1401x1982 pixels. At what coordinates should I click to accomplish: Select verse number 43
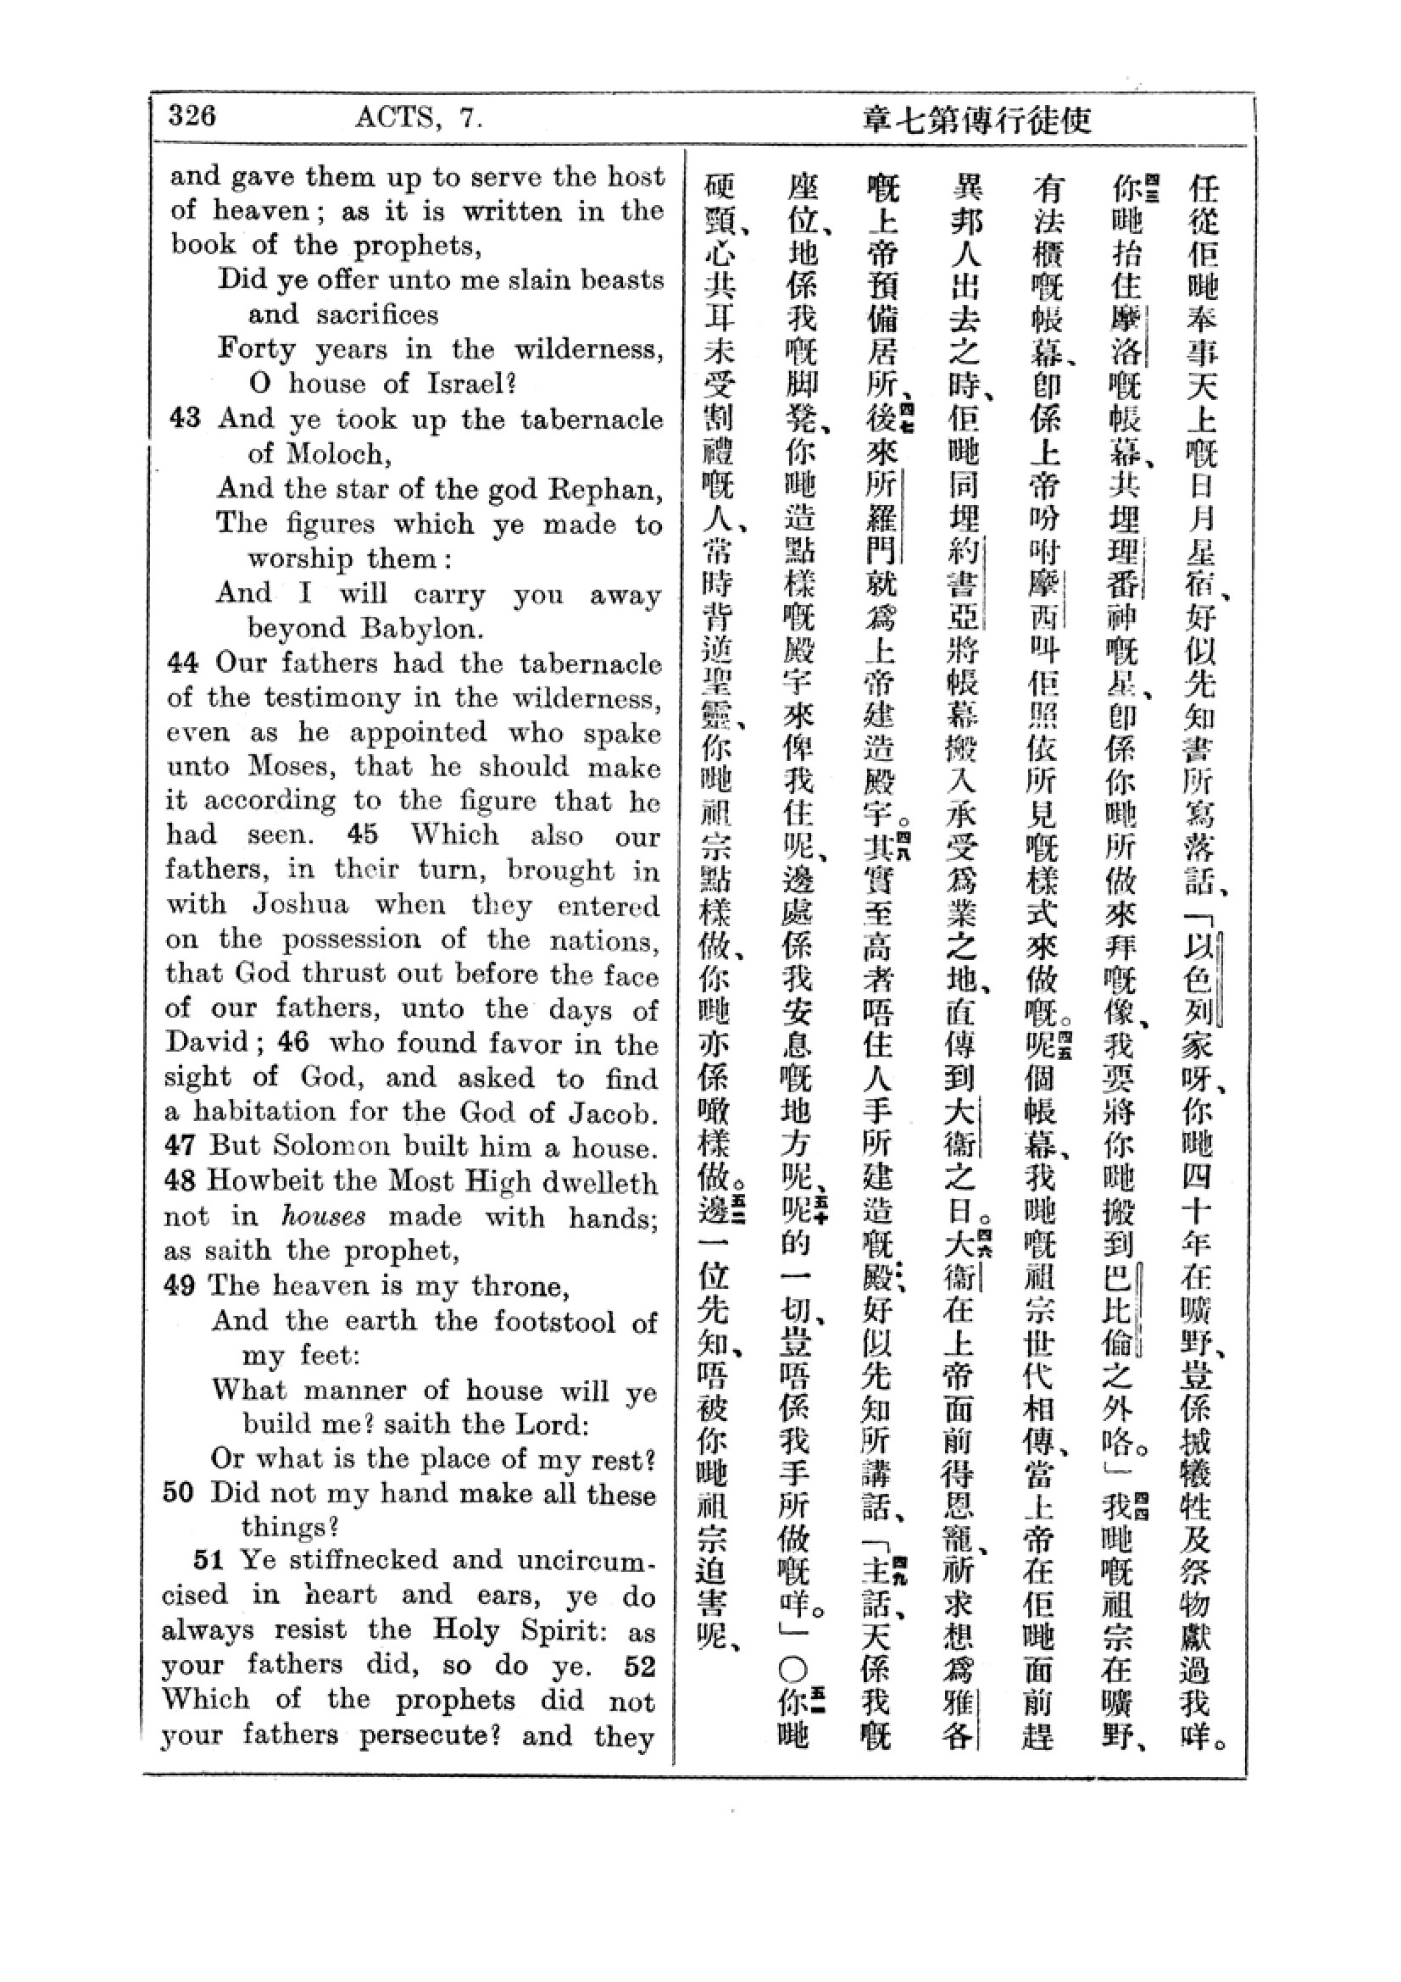click(x=185, y=419)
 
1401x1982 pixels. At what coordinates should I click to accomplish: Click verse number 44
click(x=183, y=663)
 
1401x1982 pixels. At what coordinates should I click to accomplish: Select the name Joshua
click(x=300, y=905)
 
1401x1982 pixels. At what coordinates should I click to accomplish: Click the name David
click(x=207, y=1043)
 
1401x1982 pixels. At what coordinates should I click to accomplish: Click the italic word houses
click(x=324, y=1217)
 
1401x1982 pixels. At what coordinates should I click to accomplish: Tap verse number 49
click(x=180, y=1286)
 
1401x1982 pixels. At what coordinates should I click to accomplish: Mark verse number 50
click(x=179, y=1493)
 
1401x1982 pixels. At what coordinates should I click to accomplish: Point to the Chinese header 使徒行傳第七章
click(x=977, y=120)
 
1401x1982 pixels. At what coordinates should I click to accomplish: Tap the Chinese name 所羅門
click(x=881, y=518)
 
